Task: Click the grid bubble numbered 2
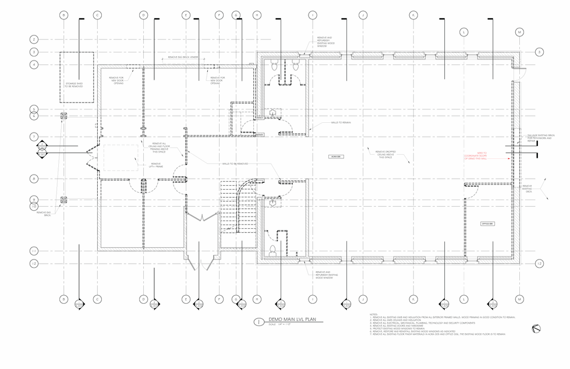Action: (x=34, y=40)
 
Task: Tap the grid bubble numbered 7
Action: (x=34, y=136)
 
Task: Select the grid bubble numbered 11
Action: (x=34, y=251)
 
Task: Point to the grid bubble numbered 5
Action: (x=34, y=109)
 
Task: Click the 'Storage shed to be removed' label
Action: (x=74, y=86)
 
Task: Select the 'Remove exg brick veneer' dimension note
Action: (x=183, y=58)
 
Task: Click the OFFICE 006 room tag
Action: (x=487, y=223)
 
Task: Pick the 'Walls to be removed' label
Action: (x=235, y=164)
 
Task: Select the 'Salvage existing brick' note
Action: (x=539, y=137)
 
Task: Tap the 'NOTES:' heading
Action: (x=373, y=314)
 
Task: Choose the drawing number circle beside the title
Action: (x=258, y=321)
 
